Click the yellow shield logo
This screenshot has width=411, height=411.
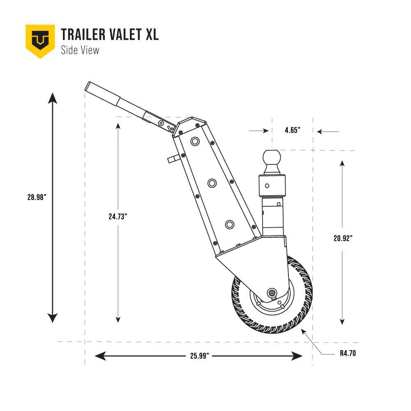coord(40,40)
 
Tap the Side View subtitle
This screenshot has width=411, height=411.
coord(80,50)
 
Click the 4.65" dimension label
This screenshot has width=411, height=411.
coord(292,130)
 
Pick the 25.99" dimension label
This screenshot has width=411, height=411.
coord(201,356)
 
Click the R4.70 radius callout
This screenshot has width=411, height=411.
coord(348,353)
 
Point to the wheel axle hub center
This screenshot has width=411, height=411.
coord(272,292)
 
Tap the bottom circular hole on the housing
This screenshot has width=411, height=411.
coord(229,224)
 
